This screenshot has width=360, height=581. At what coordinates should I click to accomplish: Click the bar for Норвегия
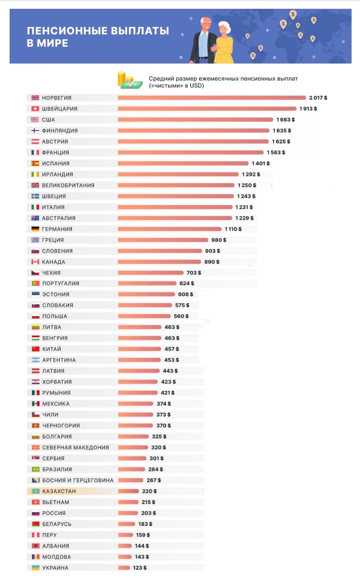pyautogui.click(x=212, y=98)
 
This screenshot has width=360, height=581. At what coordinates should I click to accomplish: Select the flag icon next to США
pyautogui.click(x=35, y=120)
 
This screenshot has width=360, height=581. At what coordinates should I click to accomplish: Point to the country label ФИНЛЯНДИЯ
pyautogui.click(x=60, y=131)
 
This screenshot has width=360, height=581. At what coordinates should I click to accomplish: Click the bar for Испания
pyautogui.click(x=183, y=164)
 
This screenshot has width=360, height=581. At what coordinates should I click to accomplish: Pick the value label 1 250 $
pyautogui.click(x=246, y=185)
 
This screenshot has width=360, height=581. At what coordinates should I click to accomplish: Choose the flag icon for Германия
pyautogui.click(x=35, y=229)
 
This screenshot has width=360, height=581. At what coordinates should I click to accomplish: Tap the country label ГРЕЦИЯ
pyautogui.click(x=53, y=240)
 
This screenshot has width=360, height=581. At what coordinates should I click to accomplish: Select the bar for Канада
pyautogui.click(x=160, y=262)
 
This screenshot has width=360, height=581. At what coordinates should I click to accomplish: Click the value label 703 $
pyautogui.click(x=194, y=273)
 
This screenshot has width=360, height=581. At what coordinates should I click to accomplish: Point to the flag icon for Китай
pyautogui.click(x=35, y=349)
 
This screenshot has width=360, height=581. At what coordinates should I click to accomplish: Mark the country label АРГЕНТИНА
pyautogui.click(x=59, y=360)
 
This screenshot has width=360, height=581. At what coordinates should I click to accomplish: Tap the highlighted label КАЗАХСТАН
pyautogui.click(x=59, y=491)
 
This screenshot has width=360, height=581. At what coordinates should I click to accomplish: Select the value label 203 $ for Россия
pyautogui.click(x=149, y=513)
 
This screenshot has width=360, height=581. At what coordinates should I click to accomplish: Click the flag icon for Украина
pyautogui.click(x=35, y=568)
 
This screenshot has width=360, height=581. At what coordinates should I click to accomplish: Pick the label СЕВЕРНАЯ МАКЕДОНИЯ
pyautogui.click(x=75, y=448)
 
